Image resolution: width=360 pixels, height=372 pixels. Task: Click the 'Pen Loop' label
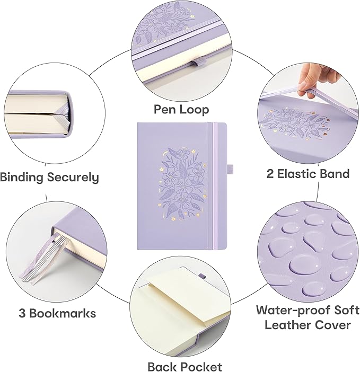click(x=181, y=110)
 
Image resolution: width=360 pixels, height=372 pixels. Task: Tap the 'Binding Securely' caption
click(x=49, y=177)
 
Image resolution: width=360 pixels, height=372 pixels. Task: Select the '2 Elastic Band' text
click(x=308, y=173)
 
